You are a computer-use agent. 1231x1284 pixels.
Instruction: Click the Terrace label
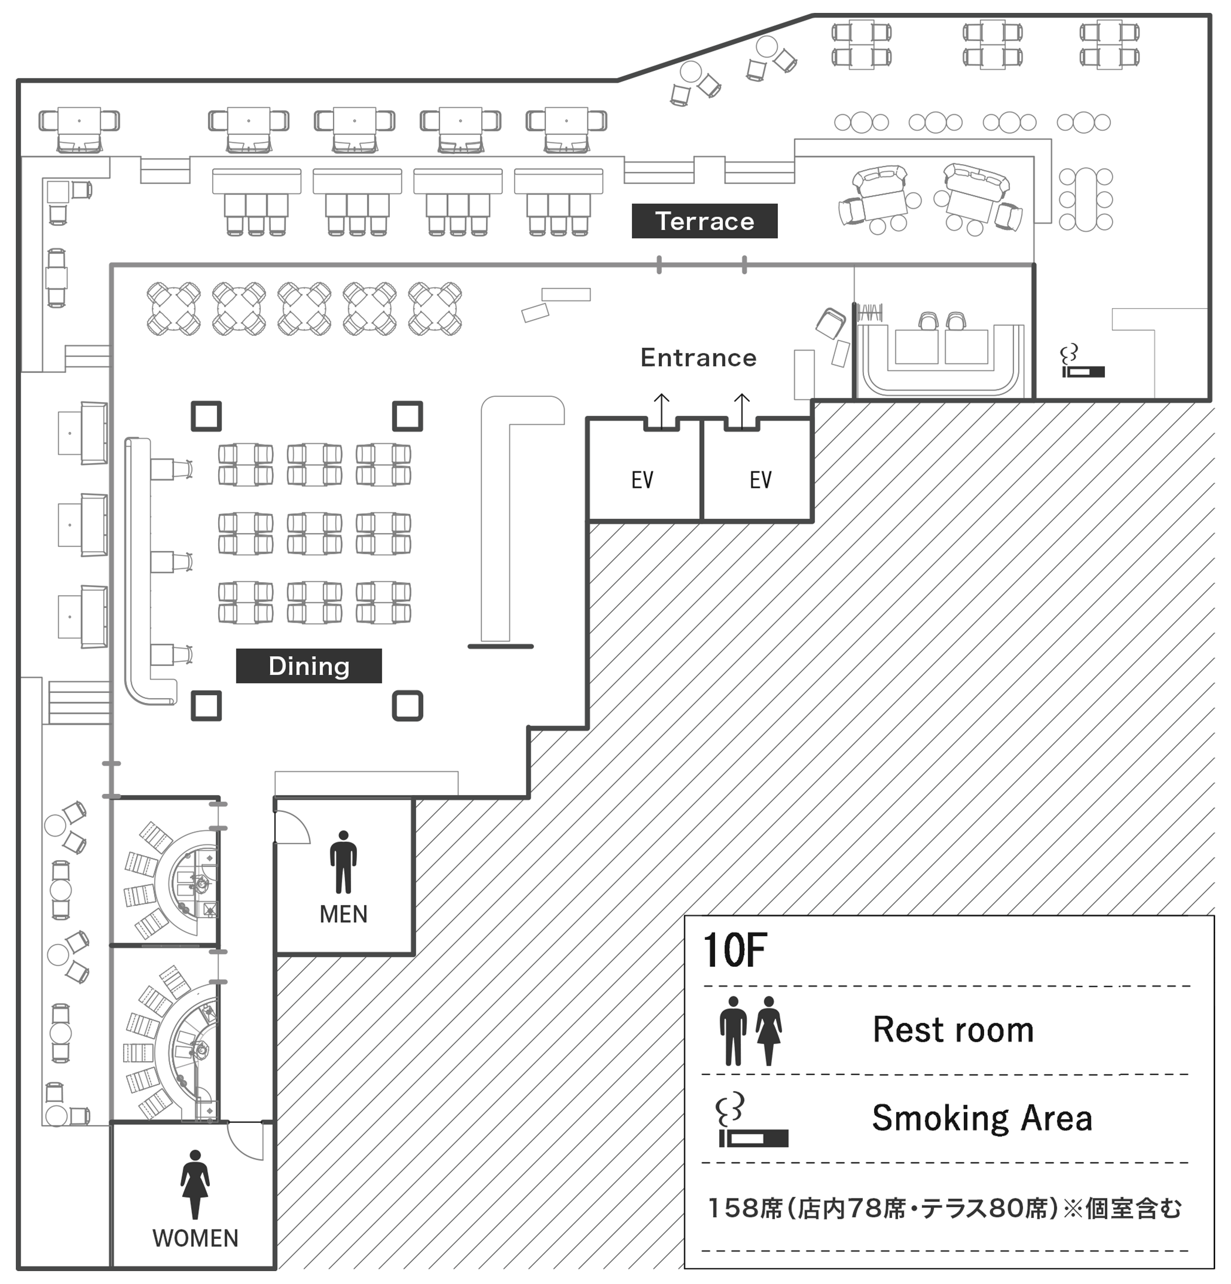point(704,222)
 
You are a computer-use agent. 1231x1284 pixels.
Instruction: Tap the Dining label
point(308,665)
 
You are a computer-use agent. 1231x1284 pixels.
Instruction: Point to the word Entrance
point(698,358)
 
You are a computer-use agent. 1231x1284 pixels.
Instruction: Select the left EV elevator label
point(642,480)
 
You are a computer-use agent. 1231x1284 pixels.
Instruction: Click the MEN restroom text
point(344,914)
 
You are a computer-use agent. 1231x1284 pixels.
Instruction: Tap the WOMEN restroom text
point(195,1238)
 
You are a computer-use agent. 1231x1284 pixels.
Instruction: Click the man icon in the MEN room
point(344,862)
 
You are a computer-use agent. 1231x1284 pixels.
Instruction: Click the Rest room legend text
point(953,1030)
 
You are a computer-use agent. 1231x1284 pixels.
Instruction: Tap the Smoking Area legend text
point(981,1118)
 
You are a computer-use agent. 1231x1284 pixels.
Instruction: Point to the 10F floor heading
point(734,950)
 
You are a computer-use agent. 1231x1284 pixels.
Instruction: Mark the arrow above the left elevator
point(662,409)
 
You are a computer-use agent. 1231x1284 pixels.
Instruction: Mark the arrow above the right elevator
point(742,409)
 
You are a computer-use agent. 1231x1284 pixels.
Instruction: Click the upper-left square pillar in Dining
point(206,416)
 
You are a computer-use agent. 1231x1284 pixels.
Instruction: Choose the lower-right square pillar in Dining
point(407,706)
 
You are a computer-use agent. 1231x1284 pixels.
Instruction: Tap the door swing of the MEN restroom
point(291,827)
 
